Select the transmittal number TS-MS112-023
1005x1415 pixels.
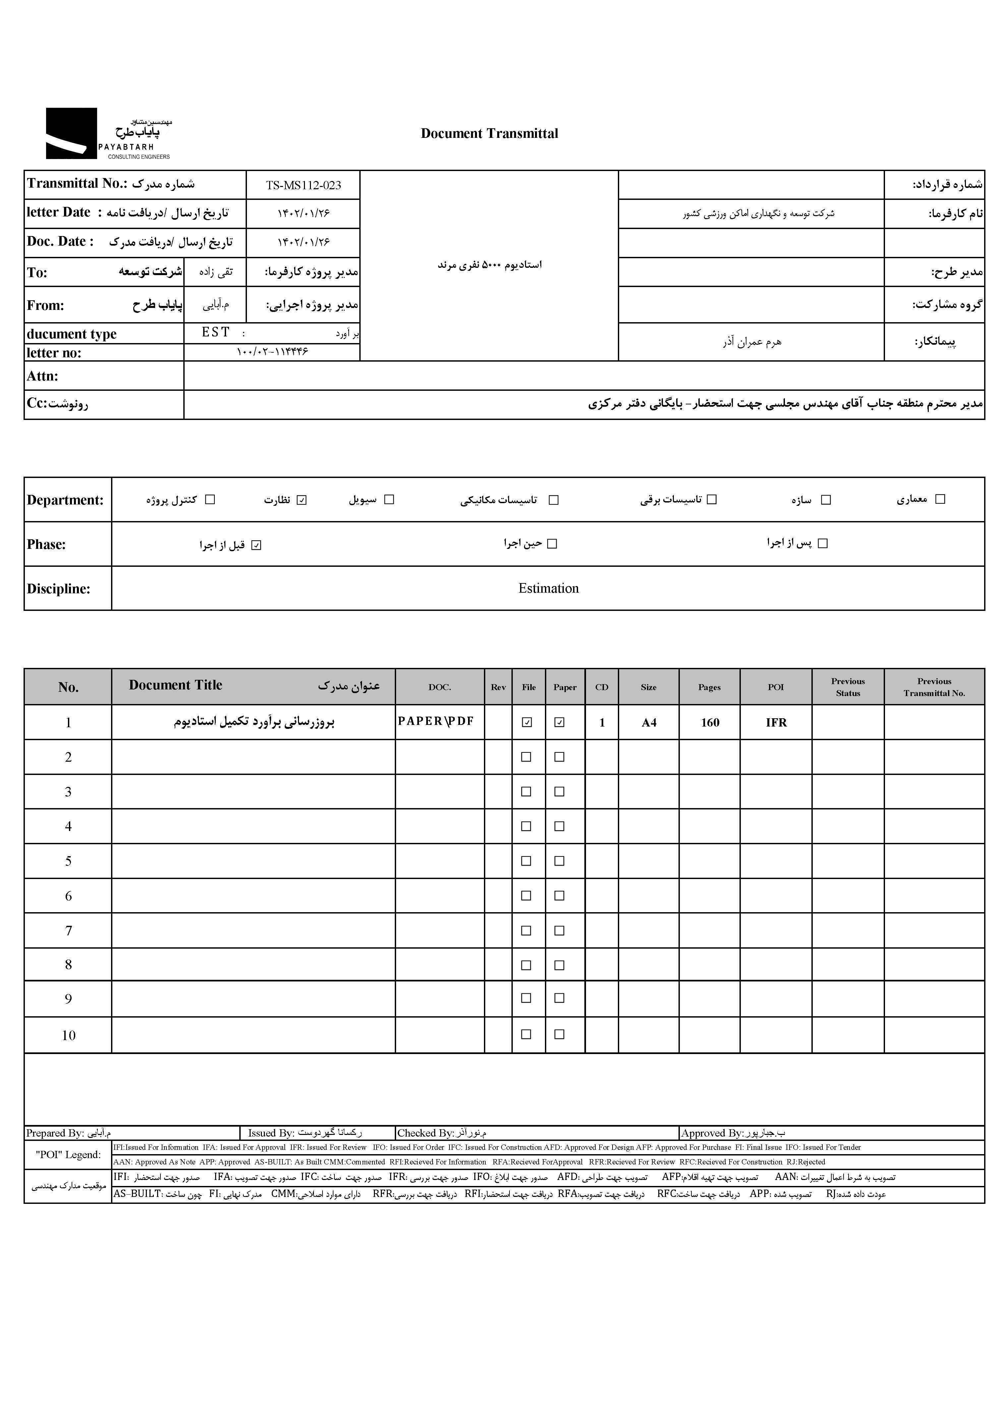(303, 185)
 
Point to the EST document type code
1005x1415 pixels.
(215, 332)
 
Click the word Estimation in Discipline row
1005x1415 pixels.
(548, 588)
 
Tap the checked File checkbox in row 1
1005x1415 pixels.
(527, 722)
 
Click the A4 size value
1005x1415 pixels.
(649, 723)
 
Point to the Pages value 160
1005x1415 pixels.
(710, 723)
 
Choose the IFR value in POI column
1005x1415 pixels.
(776, 723)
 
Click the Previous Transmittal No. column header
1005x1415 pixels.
(934, 687)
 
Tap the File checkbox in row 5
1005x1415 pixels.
(527, 860)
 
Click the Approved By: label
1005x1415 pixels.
(712, 1133)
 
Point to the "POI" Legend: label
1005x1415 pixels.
(68, 1154)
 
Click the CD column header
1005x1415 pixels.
(602, 687)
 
